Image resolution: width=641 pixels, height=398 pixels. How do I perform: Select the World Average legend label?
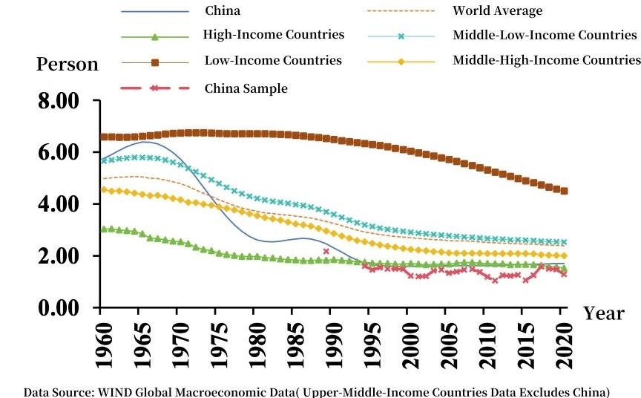pyautogui.click(x=497, y=11)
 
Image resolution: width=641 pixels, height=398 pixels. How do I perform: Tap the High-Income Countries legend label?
pyautogui.click(x=274, y=35)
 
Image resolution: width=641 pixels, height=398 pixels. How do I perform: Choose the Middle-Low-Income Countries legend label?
pyautogui.click(x=545, y=35)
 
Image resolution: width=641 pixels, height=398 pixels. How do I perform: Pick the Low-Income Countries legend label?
pyautogui.click(x=273, y=60)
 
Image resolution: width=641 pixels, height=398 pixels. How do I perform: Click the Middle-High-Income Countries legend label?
pyautogui.click(x=546, y=60)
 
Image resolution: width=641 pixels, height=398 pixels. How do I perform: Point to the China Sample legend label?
pyautogui.click(x=246, y=88)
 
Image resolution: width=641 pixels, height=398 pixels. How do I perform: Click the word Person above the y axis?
pyautogui.click(x=68, y=65)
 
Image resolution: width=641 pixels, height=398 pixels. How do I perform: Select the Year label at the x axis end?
pyautogui.click(x=603, y=313)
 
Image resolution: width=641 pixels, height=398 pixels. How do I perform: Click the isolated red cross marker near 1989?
pyautogui.click(x=326, y=252)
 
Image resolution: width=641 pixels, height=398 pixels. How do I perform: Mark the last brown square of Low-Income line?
pyautogui.click(x=565, y=191)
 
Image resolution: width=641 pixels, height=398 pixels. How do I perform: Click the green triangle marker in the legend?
pyautogui.click(x=155, y=36)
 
